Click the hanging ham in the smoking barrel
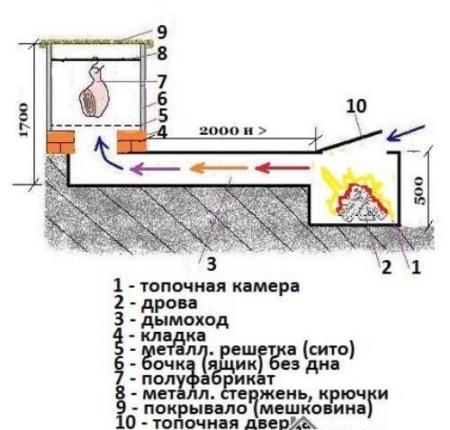pyautogui.click(x=93, y=93)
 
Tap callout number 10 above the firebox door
pyautogui.click(x=358, y=107)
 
